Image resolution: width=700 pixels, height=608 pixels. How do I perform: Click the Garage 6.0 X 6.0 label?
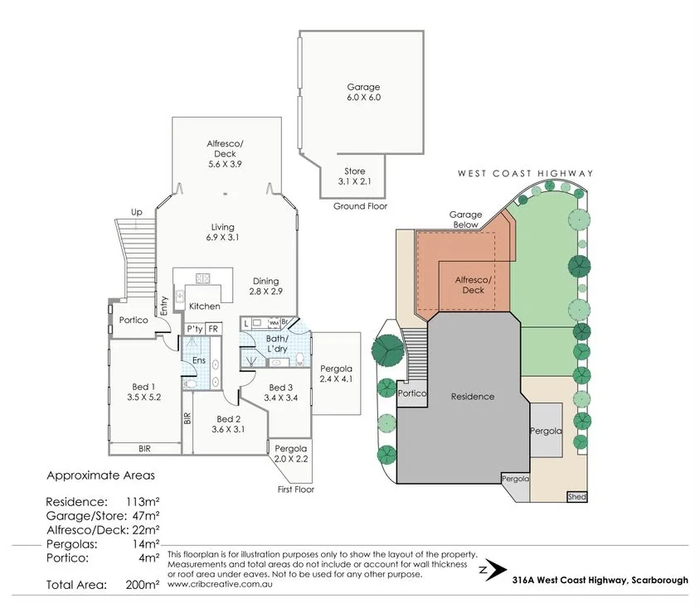[363, 92]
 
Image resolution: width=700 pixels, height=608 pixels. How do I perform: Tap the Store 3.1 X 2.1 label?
[353, 176]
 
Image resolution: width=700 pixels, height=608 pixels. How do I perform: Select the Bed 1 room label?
[143, 387]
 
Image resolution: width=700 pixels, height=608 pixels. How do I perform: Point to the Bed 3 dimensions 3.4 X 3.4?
[280, 398]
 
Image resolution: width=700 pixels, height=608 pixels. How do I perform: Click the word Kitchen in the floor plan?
[204, 306]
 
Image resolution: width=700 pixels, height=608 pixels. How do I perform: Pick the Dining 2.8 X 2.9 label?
[266, 287]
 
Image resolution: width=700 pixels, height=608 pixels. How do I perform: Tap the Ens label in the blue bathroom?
[198, 360]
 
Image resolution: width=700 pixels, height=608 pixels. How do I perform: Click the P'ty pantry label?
[195, 329]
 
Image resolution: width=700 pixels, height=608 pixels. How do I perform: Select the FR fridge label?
[213, 329]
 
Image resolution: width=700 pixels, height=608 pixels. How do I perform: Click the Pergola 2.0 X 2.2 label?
[290, 453]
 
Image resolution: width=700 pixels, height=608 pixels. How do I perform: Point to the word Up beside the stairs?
[136, 212]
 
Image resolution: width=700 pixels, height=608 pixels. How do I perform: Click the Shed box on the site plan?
[576, 497]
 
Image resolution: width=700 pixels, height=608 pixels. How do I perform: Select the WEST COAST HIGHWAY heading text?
[526, 173]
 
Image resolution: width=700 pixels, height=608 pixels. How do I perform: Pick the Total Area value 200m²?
[142, 585]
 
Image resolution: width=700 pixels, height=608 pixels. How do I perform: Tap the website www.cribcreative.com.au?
[221, 583]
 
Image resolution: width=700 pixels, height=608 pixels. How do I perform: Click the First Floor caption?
[296, 490]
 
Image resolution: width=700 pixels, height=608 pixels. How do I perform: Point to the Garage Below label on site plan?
[465, 219]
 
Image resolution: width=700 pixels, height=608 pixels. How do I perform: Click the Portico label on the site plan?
[411, 394]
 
